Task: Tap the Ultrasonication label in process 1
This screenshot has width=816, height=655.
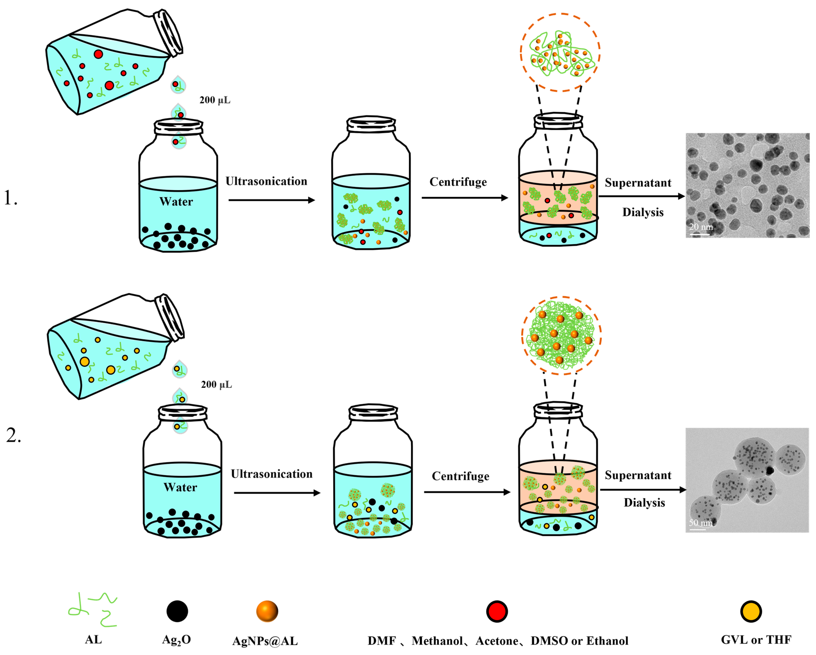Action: coord(266,181)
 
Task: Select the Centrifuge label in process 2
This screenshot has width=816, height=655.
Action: coord(461,476)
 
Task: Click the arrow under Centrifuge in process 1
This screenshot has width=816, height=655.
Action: coord(465,198)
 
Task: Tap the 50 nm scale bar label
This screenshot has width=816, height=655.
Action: coord(700,523)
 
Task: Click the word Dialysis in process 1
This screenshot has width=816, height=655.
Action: coord(643,212)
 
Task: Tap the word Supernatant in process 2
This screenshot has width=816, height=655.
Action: coord(638,475)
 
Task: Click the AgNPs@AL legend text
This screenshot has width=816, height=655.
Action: coord(265,641)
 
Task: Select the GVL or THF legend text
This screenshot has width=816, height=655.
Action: coord(756,640)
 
